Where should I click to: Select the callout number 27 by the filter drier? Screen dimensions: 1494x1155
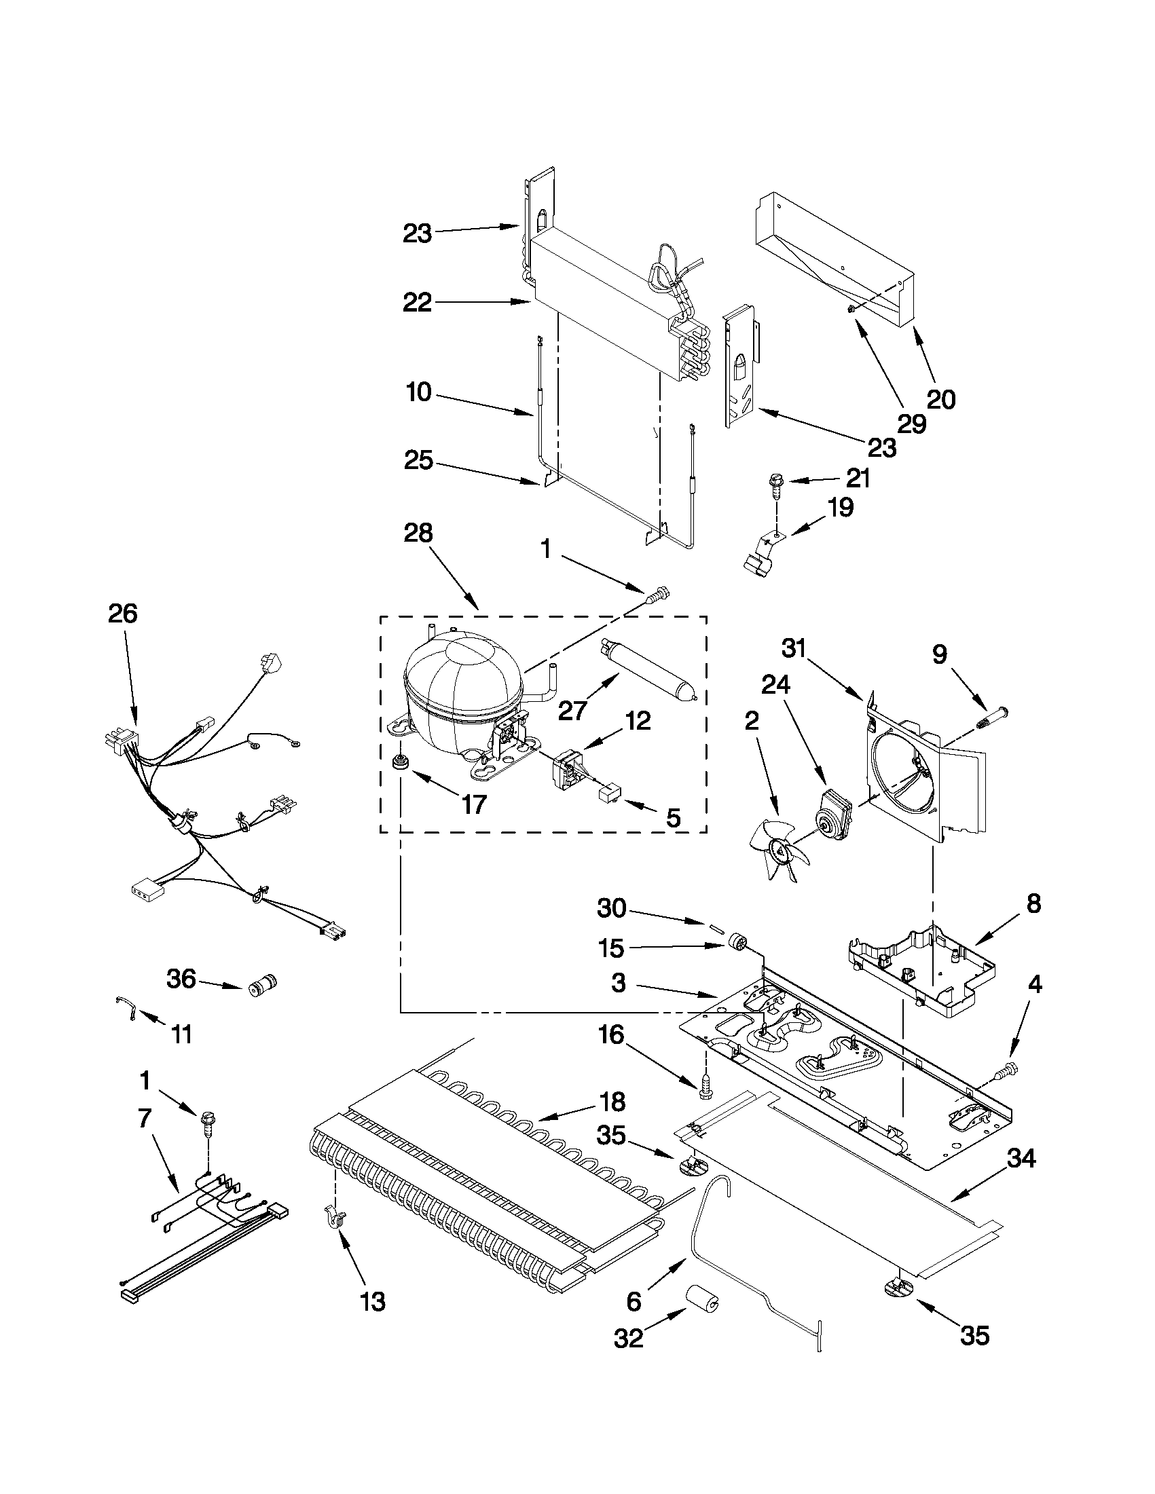coord(572,711)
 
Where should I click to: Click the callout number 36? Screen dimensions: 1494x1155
coord(181,979)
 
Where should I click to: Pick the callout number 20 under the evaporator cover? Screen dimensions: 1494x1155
coord(940,399)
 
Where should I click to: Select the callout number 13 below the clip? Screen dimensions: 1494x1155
coord(373,1301)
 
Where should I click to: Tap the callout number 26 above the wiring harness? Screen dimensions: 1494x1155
coord(122,614)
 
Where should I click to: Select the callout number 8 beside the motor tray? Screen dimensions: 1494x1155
coord(1033,903)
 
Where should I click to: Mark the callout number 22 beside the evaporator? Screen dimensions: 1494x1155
coord(417,302)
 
